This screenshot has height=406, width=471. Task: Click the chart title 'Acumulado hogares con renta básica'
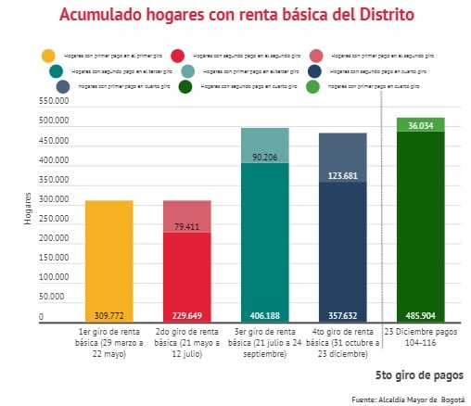(236, 16)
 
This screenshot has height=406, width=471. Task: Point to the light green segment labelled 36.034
(420, 125)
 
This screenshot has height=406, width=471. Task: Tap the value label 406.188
(265, 314)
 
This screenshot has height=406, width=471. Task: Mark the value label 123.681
(343, 175)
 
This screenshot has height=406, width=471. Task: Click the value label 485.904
(421, 314)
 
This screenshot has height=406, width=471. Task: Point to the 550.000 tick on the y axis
(54, 102)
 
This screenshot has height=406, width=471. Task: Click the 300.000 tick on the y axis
(54, 200)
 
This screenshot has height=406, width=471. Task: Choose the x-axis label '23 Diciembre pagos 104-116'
(421, 336)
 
